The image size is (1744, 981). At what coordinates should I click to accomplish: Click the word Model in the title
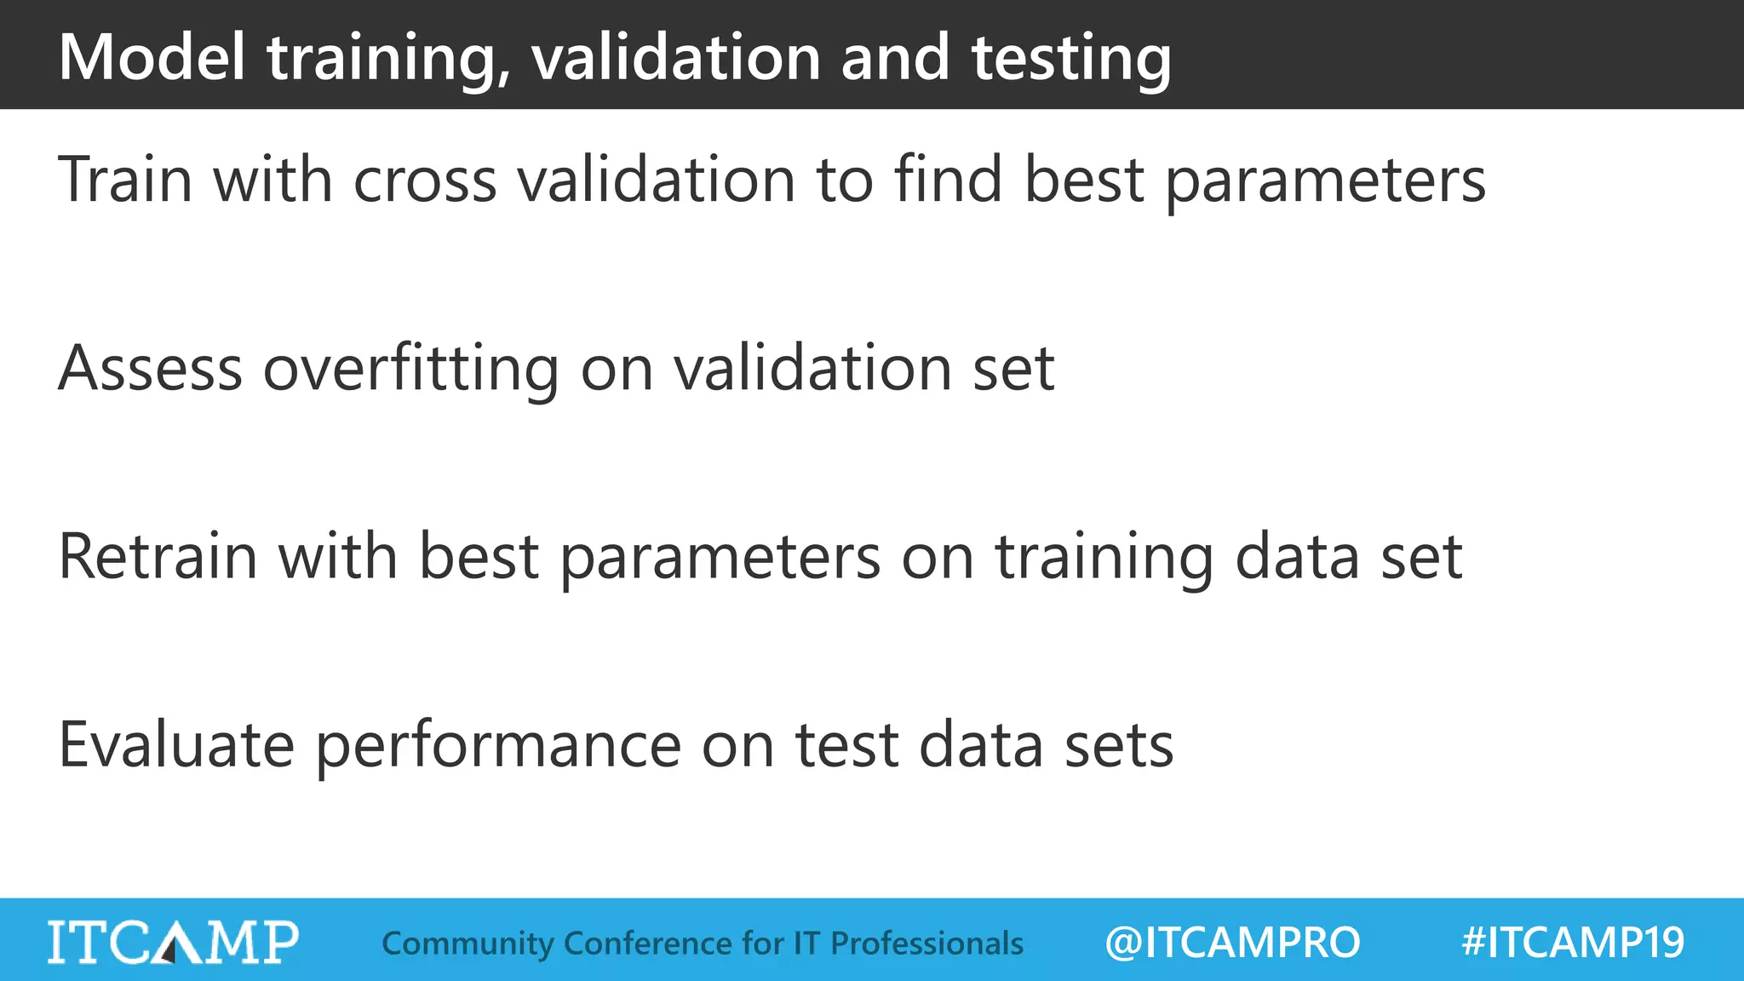pos(152,57)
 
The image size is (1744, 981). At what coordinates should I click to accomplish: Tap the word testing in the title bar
pos(1071,57)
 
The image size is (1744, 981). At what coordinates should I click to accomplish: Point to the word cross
pos(424,180)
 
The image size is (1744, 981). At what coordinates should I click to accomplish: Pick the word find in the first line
pos(948,180)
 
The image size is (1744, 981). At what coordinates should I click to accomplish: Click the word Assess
pos(150,368)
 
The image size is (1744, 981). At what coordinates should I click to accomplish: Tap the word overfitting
pos(410,368)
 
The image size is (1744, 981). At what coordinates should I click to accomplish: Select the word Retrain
pos(158,557)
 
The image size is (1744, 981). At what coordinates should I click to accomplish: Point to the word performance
pos(499,745)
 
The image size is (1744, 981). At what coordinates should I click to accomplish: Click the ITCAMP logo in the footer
pos(173,942)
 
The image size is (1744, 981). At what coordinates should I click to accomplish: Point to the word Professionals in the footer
pos(926,944)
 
